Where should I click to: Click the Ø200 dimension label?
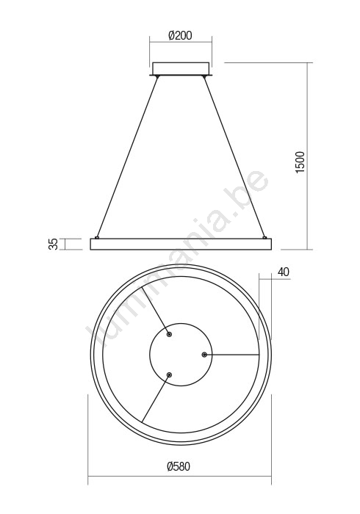[x=180, y=35]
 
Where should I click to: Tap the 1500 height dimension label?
[x=300, y=162]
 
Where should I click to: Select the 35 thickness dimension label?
[x=53, y=245]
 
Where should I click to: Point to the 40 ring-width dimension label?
[x=284, y=272]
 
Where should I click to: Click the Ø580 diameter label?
[x=179, y=466]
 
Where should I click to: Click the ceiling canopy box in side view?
[x=181, y=69]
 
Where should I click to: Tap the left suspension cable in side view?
[x=127, y=156]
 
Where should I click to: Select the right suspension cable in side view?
[x=234, y=156]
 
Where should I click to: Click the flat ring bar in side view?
[x=181, y=245]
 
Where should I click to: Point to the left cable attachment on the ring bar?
[x=97, y=237]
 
